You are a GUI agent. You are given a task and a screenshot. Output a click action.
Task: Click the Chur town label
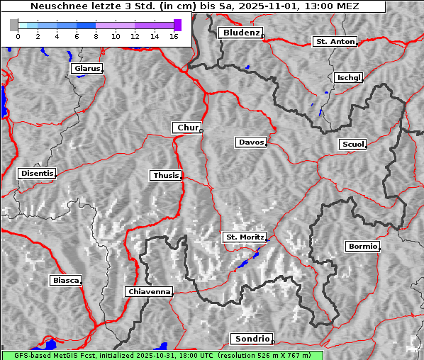click(187, 128)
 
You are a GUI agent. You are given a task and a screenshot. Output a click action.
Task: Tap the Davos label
click(250, 142)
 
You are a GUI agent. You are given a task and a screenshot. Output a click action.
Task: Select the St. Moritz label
click(244, 237)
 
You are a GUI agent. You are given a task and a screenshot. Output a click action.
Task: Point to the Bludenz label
click(240, 33)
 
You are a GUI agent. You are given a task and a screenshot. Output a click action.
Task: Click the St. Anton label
click(334, 42)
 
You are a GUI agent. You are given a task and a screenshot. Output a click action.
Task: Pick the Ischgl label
click(349, 77)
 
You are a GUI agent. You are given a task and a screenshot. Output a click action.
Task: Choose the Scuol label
click(352, 144)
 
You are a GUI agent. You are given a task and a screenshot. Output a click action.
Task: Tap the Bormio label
click(362, 247)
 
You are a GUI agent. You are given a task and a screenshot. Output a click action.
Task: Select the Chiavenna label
click(149, 291)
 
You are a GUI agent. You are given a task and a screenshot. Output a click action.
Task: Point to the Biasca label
click(65, 281)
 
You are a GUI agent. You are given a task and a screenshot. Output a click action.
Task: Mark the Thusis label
click(165, 175)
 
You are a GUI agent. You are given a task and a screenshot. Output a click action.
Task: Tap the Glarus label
click(86, 69)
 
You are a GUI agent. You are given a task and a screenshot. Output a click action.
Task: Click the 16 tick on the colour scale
click(173, 36)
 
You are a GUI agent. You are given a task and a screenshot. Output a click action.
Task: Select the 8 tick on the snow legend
click(96, 36)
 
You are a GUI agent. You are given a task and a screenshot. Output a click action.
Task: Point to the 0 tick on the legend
click(18, 36)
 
